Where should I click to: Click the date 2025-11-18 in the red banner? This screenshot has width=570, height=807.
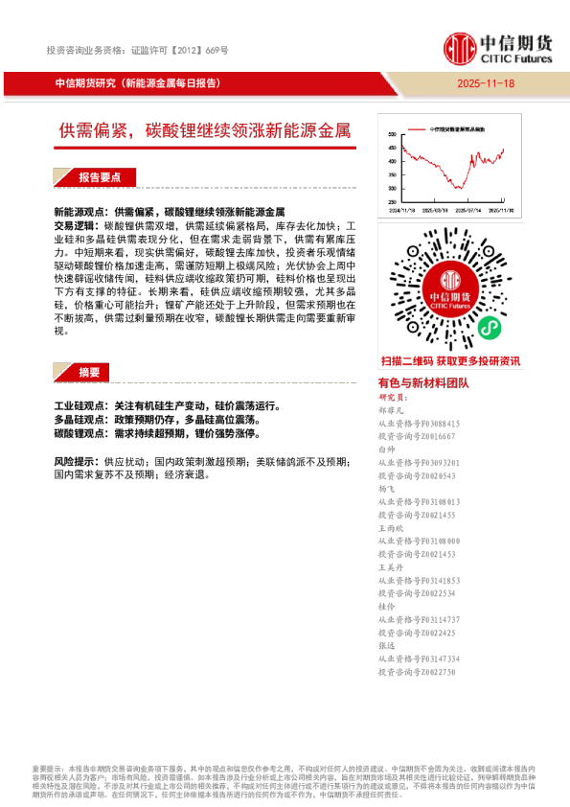pyautogui.click(x=487, y=83)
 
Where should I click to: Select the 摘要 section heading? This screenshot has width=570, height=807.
pyautogui.click(x=89, y=372)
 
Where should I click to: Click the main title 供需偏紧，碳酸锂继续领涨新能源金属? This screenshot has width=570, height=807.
pyautogui.click(x=205, y=131)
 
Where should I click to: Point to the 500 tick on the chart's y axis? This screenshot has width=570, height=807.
pyautogui.click(x=392, y=135)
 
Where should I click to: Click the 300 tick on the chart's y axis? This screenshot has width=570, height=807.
pyautogui.click(x=392, y=188)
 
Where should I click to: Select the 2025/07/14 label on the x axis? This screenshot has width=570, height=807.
pyautogui.click(x=467, y=208)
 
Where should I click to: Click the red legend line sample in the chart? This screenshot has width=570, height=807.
pyautogui.click(x=416, y=127)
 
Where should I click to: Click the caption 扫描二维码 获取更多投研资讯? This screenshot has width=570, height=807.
pyautogui.click(x=450, y=361)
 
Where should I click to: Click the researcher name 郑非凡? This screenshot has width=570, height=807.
pyautogui.click(x=393, y=409)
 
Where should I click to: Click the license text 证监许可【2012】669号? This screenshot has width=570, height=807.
pyautogui.click(x=179, y=50)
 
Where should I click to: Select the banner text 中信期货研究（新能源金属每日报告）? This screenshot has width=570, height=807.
pyautogui.click(x=139, y=83)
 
